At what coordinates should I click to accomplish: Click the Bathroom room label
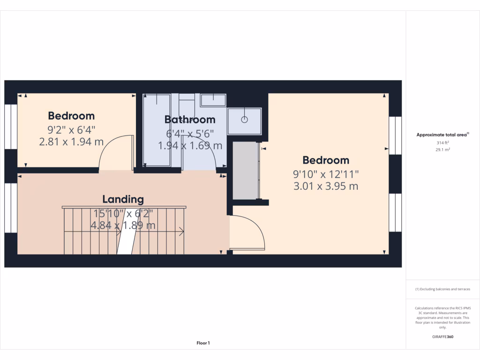point(190,120)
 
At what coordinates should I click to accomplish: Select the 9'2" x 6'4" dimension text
point(72,129)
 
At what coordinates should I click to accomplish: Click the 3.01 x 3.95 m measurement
point(326,186)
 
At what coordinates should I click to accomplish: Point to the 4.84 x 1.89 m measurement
point(123,225)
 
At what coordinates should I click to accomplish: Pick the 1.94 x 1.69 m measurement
point(190,145)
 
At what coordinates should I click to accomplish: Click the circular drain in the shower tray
point(244,120)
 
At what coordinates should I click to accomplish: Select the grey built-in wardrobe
point(246,171)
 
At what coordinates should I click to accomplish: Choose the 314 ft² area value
point(443,142)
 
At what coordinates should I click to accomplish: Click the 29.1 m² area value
point(443,150)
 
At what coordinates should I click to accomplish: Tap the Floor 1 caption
point(203,343)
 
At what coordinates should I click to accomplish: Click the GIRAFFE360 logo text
point(443,337)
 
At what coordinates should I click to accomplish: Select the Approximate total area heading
point(442,135)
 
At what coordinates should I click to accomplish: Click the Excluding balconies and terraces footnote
point(443,289)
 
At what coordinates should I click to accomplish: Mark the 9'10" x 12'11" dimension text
point(326,174)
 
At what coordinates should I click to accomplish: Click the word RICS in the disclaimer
point(453,308)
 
